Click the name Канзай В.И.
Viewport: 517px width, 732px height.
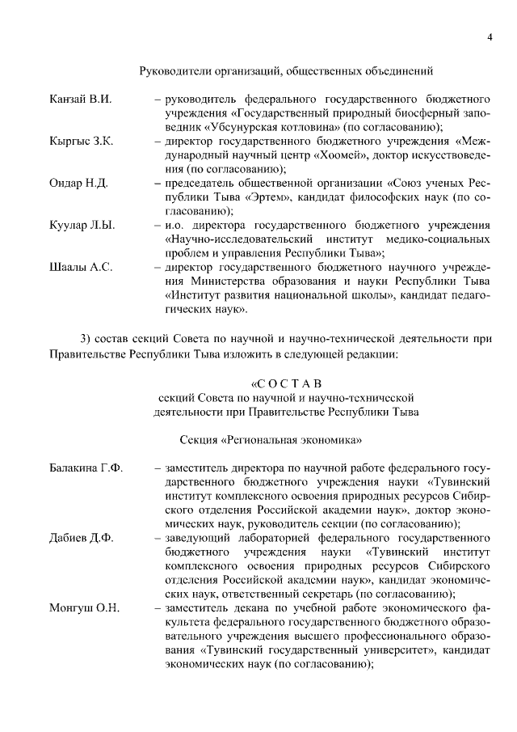[x=80, y=99]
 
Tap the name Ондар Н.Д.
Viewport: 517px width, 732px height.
[x=78, y=184]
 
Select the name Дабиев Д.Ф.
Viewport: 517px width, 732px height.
[x=82, y=538]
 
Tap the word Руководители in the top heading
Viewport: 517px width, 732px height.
[x=175, y=71]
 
